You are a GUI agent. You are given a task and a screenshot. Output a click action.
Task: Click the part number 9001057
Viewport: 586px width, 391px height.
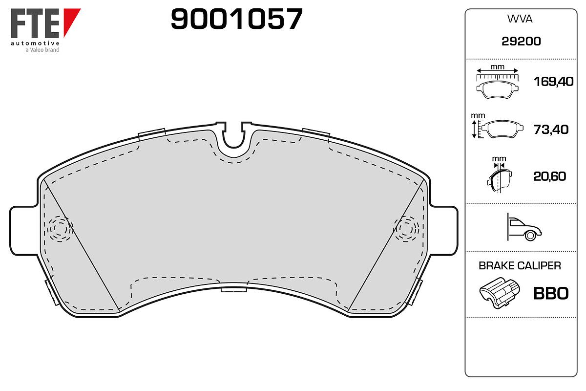pyautogui.click(x=237, y=19)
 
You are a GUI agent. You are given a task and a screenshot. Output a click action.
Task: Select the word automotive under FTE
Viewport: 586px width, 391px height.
pyautogui.click(x=35, y=43)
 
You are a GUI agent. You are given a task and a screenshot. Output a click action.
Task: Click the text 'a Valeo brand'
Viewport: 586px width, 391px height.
pyautogui.click(x=42, y=50)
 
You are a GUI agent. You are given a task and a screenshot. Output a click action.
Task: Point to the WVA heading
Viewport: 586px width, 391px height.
pyautogui.click(x=520, y=19)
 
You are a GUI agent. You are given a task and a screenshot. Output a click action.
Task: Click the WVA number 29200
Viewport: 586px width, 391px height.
pyautogui.click(x=521, y=42)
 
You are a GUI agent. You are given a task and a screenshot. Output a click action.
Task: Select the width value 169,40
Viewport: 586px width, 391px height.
pyautogui.click(x=554, y=82)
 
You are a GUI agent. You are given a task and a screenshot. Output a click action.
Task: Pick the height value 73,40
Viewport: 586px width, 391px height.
pyautogui.click(x=551, y=130)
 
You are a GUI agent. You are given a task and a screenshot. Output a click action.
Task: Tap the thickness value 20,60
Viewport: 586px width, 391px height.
pyautogui.click(x=550, y=176)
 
